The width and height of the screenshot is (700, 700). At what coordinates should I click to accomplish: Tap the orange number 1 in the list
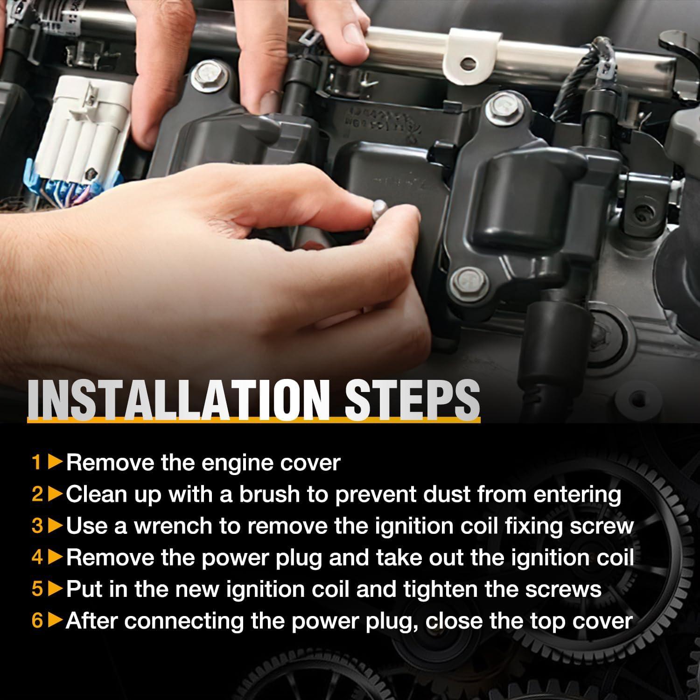[x=37, y=463]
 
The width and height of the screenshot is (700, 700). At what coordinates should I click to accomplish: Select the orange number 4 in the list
[x=37, y=558]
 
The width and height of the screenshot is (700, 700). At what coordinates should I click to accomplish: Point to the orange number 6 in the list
[x=37, y=621]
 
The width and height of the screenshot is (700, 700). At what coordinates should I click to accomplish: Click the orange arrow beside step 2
[x=56, y=494]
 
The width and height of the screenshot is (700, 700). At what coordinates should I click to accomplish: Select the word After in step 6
[x=91, y=621]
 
